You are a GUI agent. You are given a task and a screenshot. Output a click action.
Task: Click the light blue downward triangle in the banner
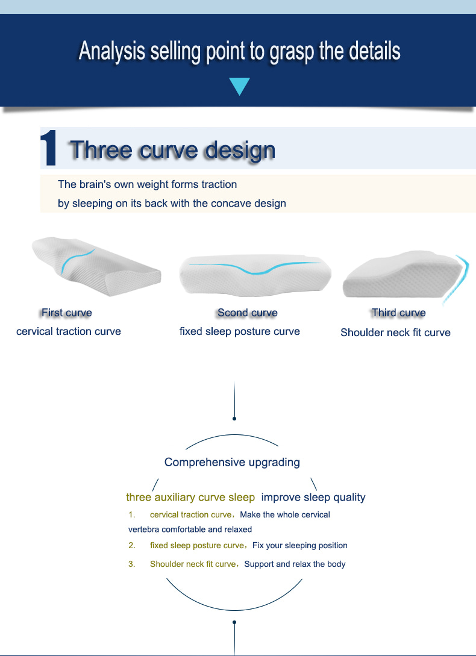pos(239,86)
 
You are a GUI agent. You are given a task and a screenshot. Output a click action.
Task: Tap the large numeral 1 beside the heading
pos(49,148)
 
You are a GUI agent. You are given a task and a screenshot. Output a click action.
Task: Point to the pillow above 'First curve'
pos(96,266)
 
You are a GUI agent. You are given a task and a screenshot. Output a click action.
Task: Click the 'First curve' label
pos(66,313)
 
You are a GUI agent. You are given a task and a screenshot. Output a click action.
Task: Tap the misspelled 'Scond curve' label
pos(248,313)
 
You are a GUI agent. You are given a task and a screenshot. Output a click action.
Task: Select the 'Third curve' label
pos(398,313)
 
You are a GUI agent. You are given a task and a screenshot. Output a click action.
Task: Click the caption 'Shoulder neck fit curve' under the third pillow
pos(395,333)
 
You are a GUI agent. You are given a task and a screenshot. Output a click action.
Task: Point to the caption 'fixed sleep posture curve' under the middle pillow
pos(239,331)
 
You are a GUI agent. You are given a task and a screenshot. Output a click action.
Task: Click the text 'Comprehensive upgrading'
pos(232,462)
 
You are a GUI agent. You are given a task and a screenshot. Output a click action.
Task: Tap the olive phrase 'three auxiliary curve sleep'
pos(190,498)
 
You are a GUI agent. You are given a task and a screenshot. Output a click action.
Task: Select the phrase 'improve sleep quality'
pos(313,498)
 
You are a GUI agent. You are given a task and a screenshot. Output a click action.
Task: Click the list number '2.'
pos(132,546)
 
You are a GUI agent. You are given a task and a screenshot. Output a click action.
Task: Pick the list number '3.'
pos(132,564)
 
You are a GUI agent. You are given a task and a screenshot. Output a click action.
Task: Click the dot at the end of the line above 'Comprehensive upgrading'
pos(234,419)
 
